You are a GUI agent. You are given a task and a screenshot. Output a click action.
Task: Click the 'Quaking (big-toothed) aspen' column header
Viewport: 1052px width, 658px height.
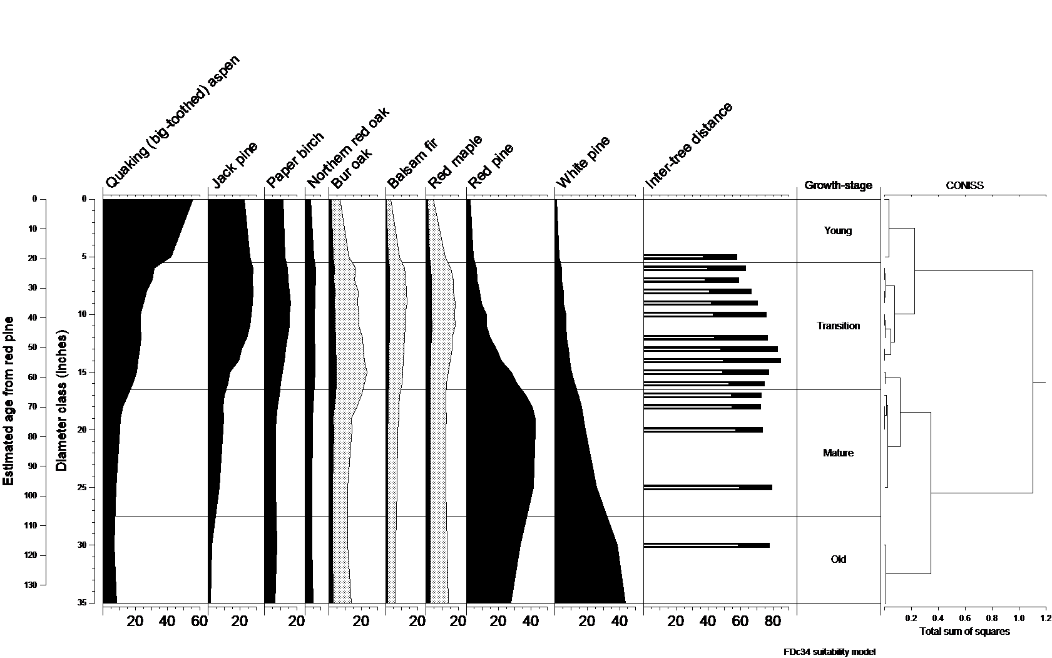(173, 122)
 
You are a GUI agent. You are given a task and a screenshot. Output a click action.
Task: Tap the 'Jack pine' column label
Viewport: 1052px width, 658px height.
(235, 165)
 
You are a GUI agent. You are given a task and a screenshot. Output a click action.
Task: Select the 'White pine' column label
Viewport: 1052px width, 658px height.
(583, 162)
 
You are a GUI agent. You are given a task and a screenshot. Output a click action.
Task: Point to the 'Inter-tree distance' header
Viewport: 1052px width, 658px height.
(689, 145)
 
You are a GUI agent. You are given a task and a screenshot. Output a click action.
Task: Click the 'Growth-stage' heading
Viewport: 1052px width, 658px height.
(838, 185)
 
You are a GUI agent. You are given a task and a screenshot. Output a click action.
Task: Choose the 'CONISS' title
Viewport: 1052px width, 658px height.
(964, 185)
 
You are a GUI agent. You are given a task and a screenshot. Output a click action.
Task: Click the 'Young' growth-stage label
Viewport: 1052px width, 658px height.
(838, 230)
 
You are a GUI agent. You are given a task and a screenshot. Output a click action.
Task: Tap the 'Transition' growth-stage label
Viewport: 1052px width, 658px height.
(838, 326)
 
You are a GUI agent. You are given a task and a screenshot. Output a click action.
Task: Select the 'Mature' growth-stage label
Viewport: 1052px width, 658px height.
(838, 453)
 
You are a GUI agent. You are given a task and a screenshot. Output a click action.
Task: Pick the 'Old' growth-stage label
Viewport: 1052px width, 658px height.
(838, 559)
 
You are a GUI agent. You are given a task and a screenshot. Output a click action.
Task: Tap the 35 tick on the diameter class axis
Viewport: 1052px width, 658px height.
(81, 603)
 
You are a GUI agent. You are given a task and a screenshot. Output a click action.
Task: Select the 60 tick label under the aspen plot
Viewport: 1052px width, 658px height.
(199, 621)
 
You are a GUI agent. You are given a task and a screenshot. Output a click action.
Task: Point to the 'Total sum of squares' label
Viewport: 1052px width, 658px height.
(964, 631)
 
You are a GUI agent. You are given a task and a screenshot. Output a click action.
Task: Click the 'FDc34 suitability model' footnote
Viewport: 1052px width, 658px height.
(829, 652)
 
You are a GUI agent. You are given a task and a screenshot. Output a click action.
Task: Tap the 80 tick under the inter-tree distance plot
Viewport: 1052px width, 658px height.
(773, 621)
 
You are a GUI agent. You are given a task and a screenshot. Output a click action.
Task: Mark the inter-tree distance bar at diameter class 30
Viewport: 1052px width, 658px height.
(707, 545)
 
